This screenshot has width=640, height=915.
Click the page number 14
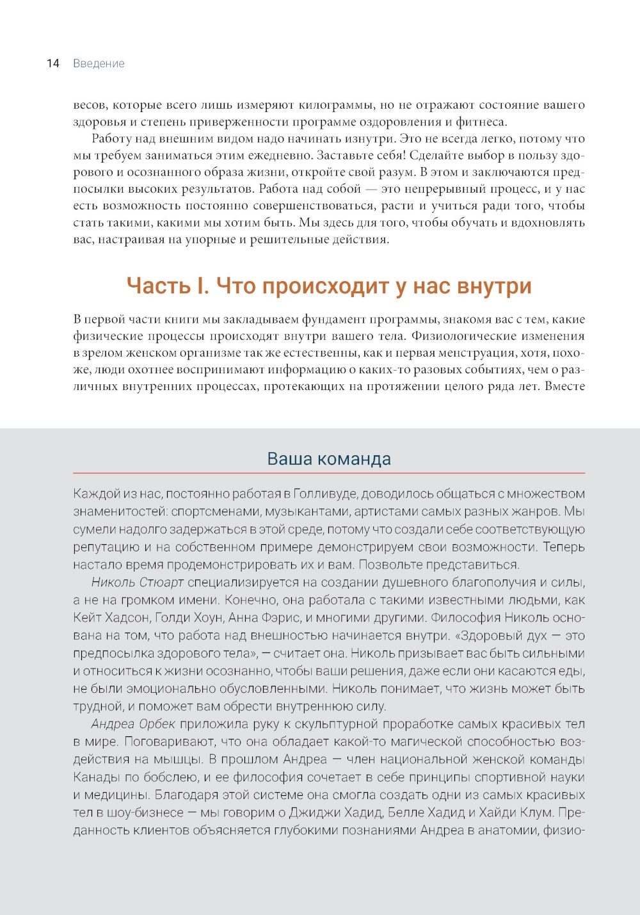53,63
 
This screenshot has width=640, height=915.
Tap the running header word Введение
99,63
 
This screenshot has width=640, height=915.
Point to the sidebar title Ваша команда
329,459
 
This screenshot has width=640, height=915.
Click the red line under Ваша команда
329,473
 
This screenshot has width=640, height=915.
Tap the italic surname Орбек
157,724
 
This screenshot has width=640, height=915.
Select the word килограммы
340,105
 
